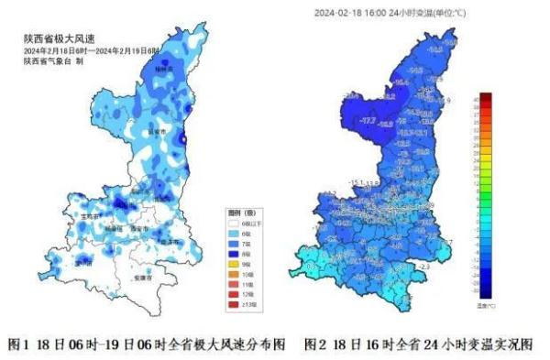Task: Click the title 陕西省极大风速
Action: (x=54, y=39)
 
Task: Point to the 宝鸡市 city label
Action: (x=92, y=214)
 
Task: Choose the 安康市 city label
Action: (x=140, y=276)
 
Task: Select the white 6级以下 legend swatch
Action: (x=233, y=223)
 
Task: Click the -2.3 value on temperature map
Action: (x=423, y=266)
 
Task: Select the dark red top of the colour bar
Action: (x=487, y=97)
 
